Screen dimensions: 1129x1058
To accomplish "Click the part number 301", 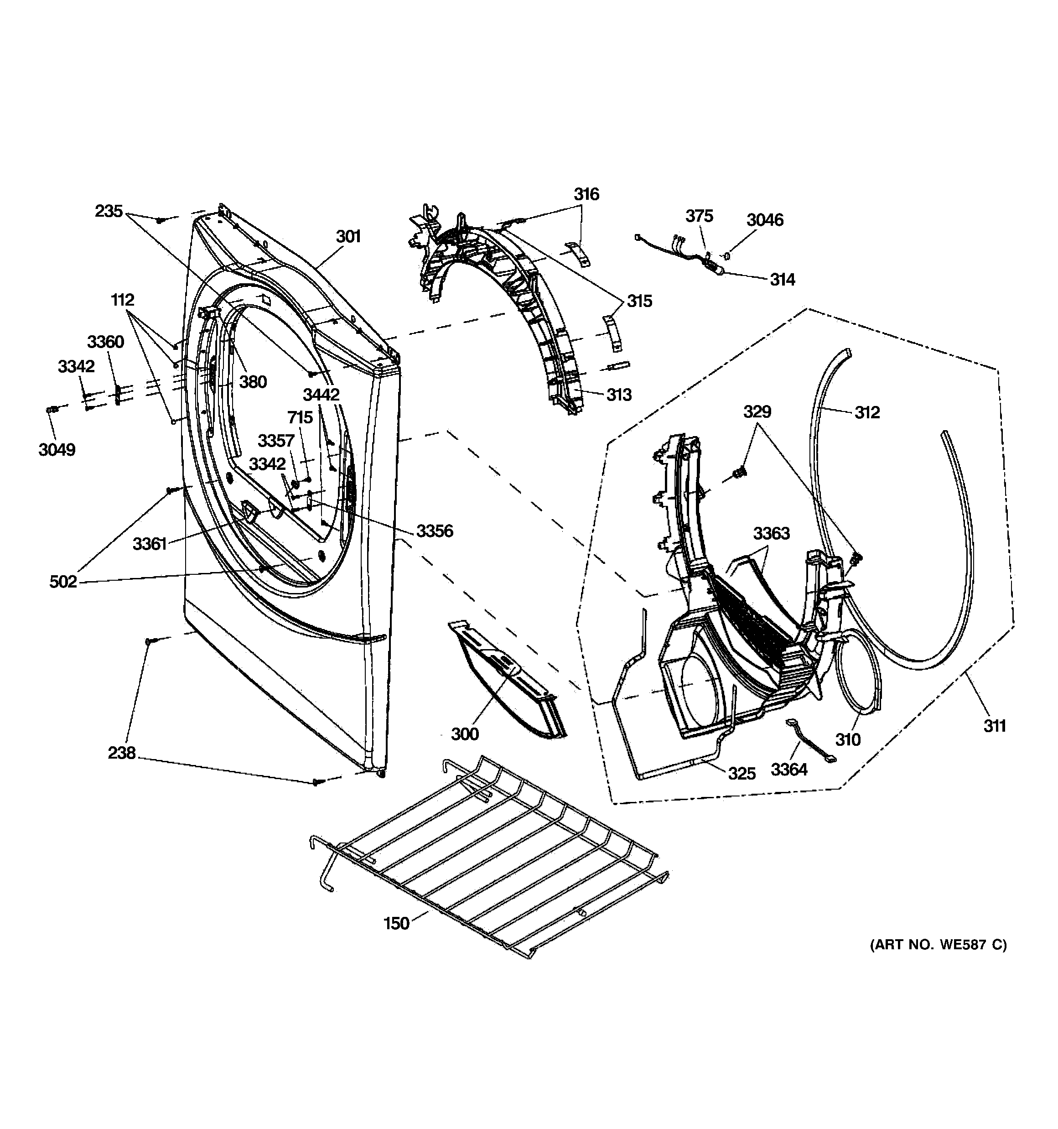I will pos(348,236).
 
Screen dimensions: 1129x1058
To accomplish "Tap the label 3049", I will pos(57,450).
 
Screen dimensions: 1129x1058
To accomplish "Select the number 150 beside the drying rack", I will pos(396,923).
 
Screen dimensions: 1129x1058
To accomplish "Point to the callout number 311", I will pos(995,725).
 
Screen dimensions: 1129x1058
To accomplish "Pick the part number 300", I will pos(465,734).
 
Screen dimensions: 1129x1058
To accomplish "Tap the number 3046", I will pos(764,220).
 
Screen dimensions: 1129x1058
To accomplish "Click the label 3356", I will pos(435,531).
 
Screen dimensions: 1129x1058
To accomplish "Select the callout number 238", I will pos(121,753).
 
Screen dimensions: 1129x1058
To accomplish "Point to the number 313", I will pos(618,395).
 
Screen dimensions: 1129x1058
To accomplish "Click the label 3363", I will pos(771,533).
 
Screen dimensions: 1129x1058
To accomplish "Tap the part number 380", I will pos(253,382).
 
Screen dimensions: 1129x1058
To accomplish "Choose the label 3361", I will pos(150,544).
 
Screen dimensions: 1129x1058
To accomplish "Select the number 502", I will pos(63,582).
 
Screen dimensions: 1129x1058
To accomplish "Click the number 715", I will pos(300,417).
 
